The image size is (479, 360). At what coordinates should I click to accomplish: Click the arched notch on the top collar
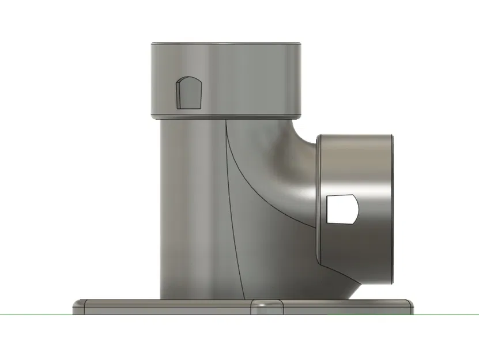[188, 93]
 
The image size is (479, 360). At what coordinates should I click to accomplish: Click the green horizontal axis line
[35, 314]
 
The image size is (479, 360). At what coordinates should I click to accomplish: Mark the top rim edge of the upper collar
[226, 44]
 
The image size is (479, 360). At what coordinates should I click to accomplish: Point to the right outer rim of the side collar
[393, 207]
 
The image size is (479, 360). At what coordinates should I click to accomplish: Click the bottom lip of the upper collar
[226, 116]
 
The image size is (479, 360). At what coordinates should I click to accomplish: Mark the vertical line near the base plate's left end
[86, 306]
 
